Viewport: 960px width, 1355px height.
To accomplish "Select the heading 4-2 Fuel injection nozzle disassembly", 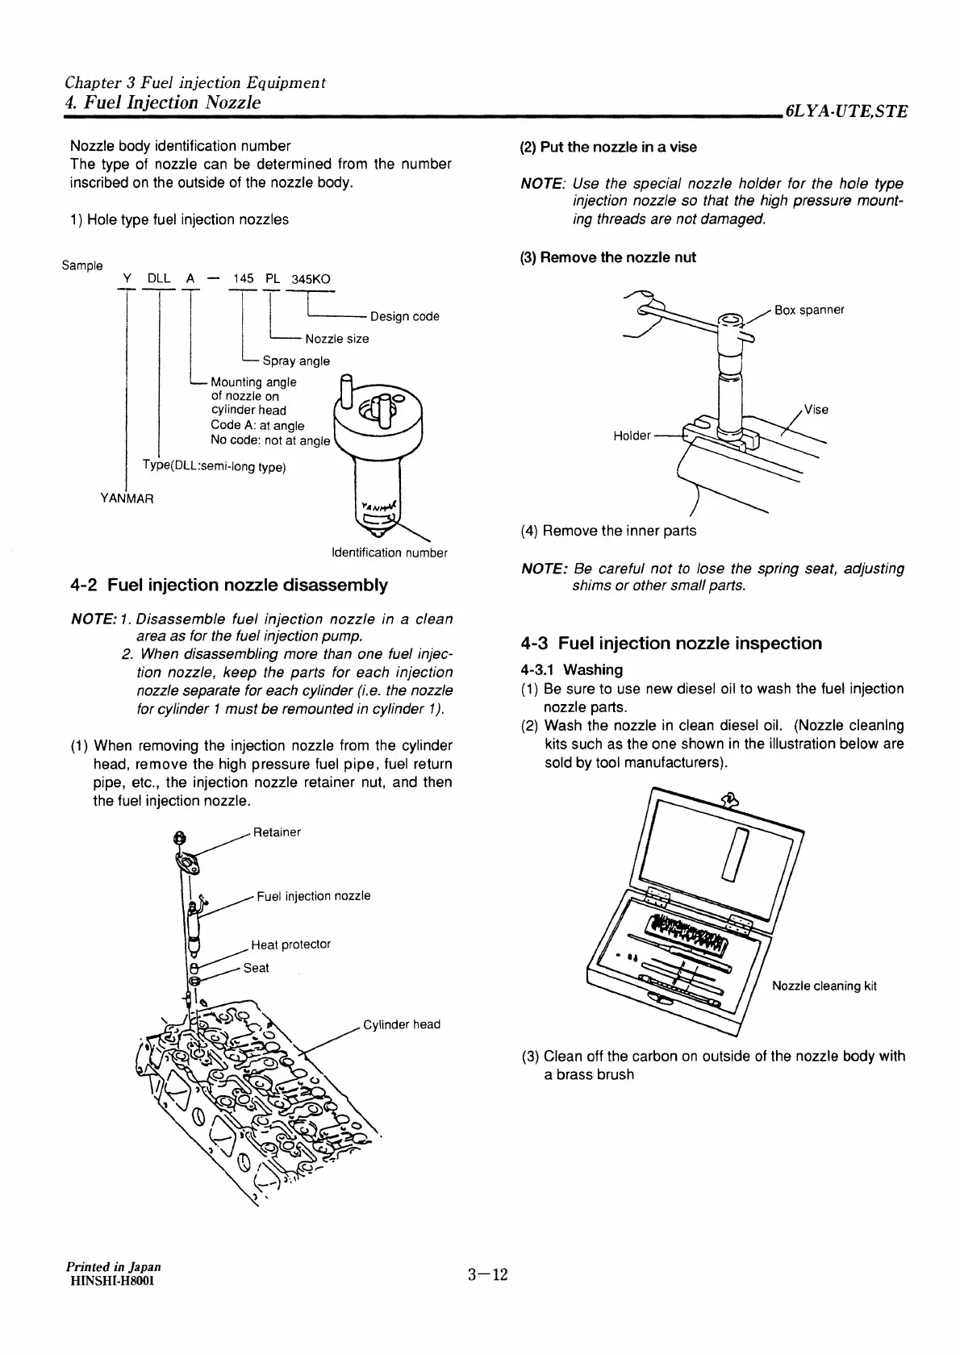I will (229, 585).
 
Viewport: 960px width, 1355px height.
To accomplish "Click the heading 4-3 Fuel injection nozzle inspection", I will (671, 643).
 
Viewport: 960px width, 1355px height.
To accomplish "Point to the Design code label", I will (404, 316).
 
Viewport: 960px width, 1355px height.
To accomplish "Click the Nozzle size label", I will (336, 339).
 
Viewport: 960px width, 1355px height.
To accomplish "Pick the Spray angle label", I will (295, 361).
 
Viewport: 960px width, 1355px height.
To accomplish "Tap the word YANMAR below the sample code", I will (127, 498).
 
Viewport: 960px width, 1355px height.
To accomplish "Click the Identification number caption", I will (389, 552).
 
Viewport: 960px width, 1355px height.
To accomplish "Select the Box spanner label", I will (808, 310).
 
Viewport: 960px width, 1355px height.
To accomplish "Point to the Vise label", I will (816, 409).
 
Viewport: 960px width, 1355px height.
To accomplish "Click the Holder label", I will (632, 436).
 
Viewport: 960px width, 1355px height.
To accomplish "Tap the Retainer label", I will (276, 832).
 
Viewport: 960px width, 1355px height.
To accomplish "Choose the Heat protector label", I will (290, 944).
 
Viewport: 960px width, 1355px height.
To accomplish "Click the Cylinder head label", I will (401, 1024).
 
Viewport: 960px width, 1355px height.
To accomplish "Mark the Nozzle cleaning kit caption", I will (824, 986).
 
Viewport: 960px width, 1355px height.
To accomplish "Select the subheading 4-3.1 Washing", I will (571, 669).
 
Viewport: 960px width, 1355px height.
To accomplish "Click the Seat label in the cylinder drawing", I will (256, 968).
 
